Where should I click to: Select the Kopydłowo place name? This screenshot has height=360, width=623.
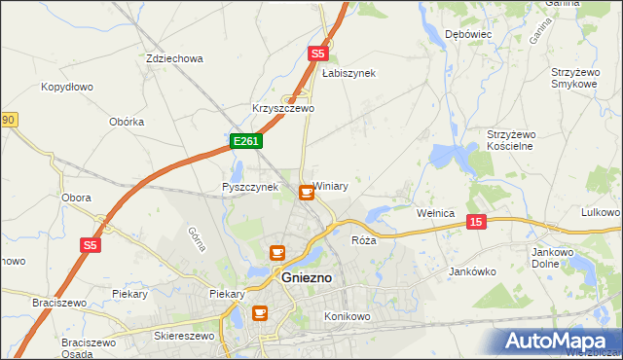pos(66,87)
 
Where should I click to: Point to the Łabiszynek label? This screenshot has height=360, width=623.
pos(348,73)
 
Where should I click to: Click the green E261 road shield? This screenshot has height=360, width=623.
pos(245,142)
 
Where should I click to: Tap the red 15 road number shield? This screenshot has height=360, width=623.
pos(475,222)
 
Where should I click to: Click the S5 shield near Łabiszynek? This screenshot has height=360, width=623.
pos(317,54)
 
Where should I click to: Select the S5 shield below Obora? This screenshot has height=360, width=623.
pos(90,246)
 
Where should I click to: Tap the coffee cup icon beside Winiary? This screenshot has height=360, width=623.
pos(307,193)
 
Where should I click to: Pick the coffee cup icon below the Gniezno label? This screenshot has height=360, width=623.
pos(260,312)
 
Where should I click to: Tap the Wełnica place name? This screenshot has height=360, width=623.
pos(435,212)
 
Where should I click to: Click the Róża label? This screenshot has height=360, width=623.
pos(363,239)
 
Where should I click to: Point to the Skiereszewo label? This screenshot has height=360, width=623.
pos(183,335)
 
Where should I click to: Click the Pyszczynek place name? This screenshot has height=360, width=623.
pos(250,187)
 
